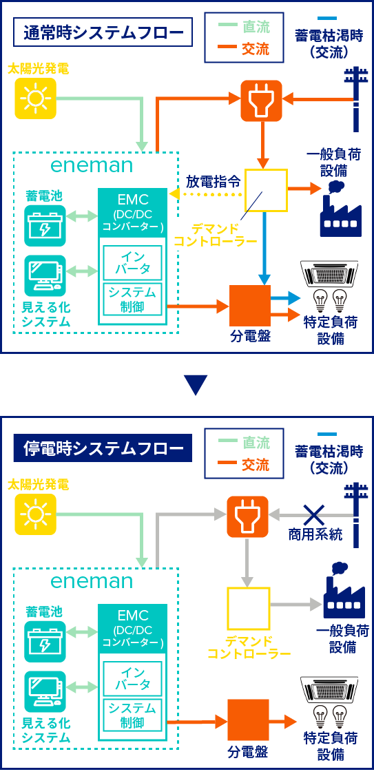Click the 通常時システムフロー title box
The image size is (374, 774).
[x=102, y=32]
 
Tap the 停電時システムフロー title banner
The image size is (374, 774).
[x=102, y=448]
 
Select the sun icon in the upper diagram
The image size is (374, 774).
[x=36, y=98]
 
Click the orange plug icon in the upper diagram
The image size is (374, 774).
[x=261, y=101]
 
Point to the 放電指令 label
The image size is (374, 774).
[x=214, y=182]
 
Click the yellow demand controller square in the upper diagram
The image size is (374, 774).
[x=267, y=191]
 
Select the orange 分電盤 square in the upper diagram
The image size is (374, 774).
[x=250, y=306]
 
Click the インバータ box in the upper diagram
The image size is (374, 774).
[x=132, y=262]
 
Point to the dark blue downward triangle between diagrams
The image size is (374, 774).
[x=196, y=386]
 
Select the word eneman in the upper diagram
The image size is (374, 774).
[x=92, y=165]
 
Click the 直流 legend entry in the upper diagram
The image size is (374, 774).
[x=244, y=27]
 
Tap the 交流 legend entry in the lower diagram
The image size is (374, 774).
[x=244, y=465]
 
